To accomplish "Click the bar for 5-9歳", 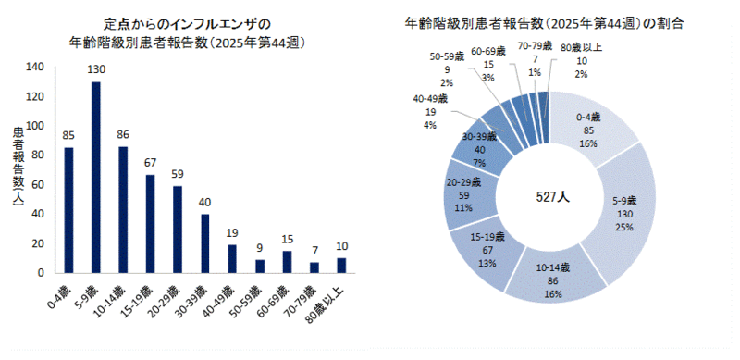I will [x=95, y=178].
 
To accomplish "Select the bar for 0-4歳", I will [x=68, y=210].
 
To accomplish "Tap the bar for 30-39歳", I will [x=205, y=243].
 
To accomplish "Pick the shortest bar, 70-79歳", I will [x=314, y=267].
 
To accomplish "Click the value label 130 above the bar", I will [x=95, y=70].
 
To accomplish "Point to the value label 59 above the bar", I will [x=178, y=174].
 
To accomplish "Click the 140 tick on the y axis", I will [x=36, y=67].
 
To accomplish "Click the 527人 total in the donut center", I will [x=549, y=197].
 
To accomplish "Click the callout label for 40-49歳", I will [x=430, y=111].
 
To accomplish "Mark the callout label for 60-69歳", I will [x=487, y=65].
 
